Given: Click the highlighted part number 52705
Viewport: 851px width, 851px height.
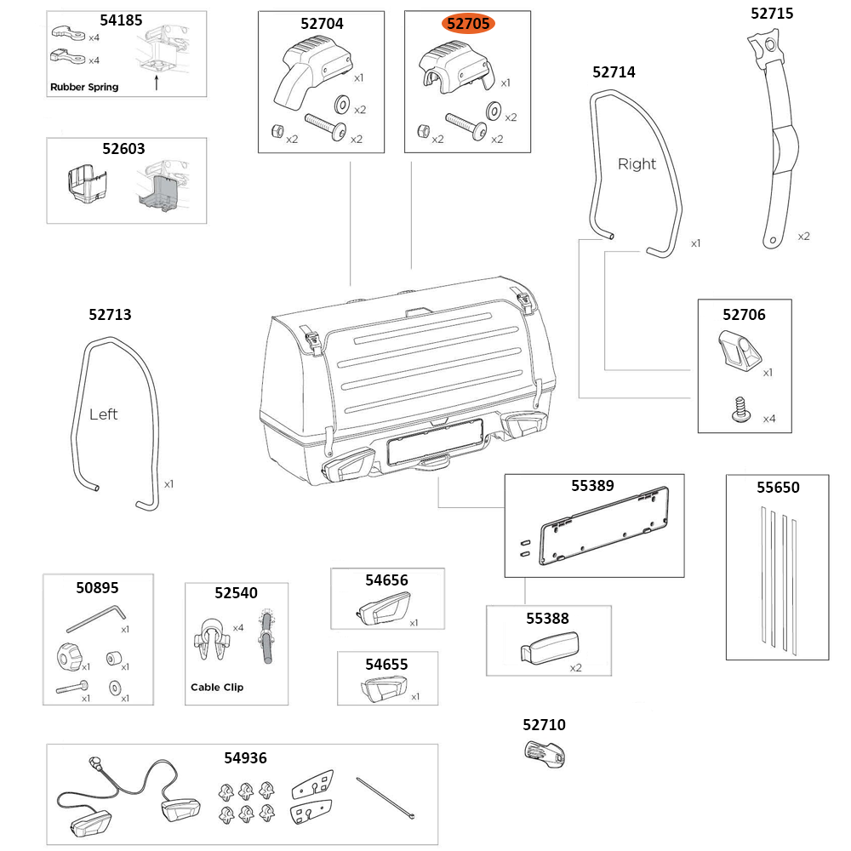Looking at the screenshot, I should [x=468, y=24].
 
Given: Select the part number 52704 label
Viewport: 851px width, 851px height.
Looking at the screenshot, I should [x=322, y=24].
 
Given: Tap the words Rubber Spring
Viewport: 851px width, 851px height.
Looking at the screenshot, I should [x=84, y=87].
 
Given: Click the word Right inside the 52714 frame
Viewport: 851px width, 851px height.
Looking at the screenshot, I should [x=637, y=164].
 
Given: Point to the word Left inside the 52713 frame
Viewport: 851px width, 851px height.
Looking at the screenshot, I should [x=103, y=414].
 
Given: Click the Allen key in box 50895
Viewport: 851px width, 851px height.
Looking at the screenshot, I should [x=96, y=618].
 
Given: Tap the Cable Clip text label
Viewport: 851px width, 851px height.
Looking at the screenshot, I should [x=216, y=687].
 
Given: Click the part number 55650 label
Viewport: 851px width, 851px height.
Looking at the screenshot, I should [x=778, y=488].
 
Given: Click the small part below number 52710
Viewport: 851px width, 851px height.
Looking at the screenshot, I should [x=544, y=754].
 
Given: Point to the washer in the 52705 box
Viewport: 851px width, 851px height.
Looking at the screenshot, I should [x=493, y=111].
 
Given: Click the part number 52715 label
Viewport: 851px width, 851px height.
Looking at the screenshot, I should [x=771, y=14].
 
